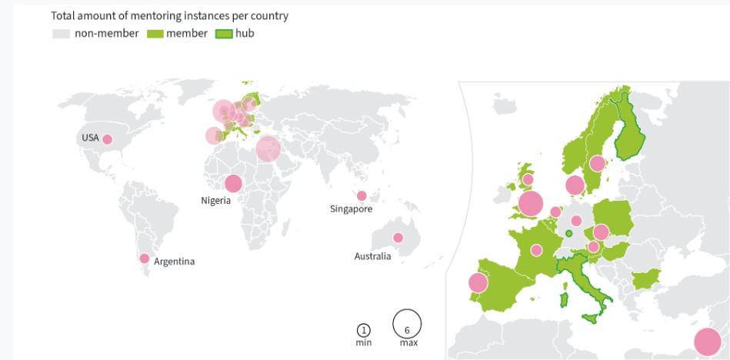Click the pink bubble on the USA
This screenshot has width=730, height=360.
pos(108,139)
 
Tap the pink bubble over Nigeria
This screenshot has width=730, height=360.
pos(232,183)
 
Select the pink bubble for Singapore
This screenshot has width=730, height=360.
pos(362,195)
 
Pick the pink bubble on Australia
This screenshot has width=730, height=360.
pos(398,238)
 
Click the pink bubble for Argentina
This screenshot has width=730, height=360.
pos(143,258)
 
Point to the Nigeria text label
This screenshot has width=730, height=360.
pos(217,202)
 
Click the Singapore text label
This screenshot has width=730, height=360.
pos(351,209)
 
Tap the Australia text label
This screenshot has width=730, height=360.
pos(372,256)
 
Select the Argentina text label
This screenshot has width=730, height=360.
pos(175,262)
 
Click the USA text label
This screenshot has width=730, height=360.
pos(90,138)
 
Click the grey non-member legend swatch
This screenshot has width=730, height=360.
pos(60,33)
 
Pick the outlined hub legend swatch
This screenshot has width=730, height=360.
pos(223,33)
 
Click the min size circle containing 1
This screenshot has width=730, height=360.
pos(363,330)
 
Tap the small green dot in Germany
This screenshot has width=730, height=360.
pos(568,234)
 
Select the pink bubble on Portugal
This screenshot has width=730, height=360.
pos(478,282)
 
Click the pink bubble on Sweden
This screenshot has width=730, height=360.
pos(597,163)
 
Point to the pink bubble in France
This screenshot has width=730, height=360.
pos(536,250)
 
